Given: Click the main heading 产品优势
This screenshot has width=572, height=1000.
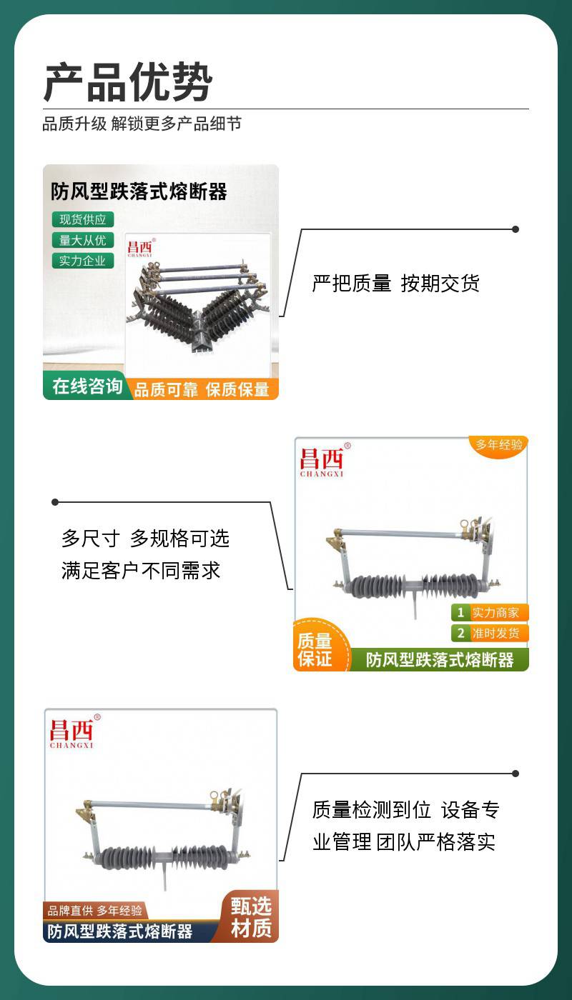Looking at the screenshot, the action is point(128,82).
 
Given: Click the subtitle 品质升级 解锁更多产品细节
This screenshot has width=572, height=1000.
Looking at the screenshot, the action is point(142,124).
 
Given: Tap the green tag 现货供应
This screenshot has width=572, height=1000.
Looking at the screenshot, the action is point(83,219).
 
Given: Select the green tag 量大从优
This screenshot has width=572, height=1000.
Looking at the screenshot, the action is point(83,240).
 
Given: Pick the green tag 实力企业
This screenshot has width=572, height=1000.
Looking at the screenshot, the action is point(83,261).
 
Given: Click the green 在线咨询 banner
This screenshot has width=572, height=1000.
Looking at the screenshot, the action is point(87,386).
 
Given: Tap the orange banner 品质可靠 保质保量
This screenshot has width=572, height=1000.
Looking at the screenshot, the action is point(202,389).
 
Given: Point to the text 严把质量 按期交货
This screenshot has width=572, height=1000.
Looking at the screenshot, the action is point(396,284).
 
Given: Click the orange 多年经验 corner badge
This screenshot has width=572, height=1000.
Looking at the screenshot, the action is point(499,444).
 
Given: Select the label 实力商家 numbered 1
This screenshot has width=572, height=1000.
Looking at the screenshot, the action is point(490,613).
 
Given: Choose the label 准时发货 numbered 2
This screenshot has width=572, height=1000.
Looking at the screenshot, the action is point(490,633).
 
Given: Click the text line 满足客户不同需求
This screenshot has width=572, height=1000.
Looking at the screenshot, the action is point(141,571).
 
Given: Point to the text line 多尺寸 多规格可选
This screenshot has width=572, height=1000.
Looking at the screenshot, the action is point(146,539).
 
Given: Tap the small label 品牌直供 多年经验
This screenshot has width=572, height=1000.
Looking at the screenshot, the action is point(94,910).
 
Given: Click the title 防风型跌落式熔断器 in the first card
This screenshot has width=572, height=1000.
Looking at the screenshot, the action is point(139,191).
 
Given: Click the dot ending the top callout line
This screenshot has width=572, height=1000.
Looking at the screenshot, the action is point(516,229).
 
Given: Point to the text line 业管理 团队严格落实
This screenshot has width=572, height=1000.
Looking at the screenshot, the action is point(404,842).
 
